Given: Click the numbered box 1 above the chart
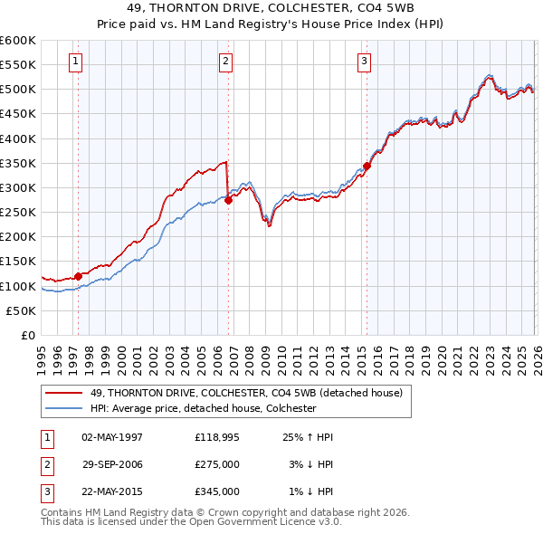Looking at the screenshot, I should pos(74,62).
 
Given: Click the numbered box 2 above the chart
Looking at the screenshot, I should pos(224,62).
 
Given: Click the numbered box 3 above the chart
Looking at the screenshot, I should pos(363,62).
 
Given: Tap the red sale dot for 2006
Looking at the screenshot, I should pos(228,201).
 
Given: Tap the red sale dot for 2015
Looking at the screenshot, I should pos(367,167).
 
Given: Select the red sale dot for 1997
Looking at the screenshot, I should pos(79,277).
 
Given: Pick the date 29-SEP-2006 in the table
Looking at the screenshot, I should pos(112,464).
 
